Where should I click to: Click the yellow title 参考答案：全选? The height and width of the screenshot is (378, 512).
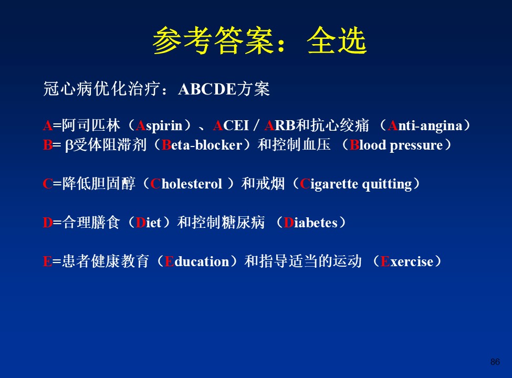point(259,40)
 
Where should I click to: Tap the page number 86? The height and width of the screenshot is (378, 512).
point(495,362)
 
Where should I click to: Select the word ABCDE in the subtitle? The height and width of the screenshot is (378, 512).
point(207,89)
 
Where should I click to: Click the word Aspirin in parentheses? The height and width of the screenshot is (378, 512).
point(159,126)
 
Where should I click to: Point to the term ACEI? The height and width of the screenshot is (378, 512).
point(231,125)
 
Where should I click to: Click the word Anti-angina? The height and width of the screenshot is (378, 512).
point(425,126)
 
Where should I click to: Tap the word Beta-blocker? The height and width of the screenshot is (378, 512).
point(202,145)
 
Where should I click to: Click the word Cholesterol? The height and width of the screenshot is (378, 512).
point(186,184)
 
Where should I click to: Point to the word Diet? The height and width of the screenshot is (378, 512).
point(149,223)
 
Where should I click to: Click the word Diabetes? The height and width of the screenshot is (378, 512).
point(310,223)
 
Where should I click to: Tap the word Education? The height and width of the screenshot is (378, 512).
point(197,261)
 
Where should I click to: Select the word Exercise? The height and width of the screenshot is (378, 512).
point(407,261)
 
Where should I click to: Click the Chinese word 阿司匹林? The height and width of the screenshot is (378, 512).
point(91,125)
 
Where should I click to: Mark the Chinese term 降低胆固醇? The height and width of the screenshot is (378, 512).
point(99,184)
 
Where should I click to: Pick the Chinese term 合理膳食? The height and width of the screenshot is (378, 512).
point(91,223)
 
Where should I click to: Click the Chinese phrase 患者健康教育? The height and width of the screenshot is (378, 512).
point(106,261)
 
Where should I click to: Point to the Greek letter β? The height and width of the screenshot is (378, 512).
point(69,146)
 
